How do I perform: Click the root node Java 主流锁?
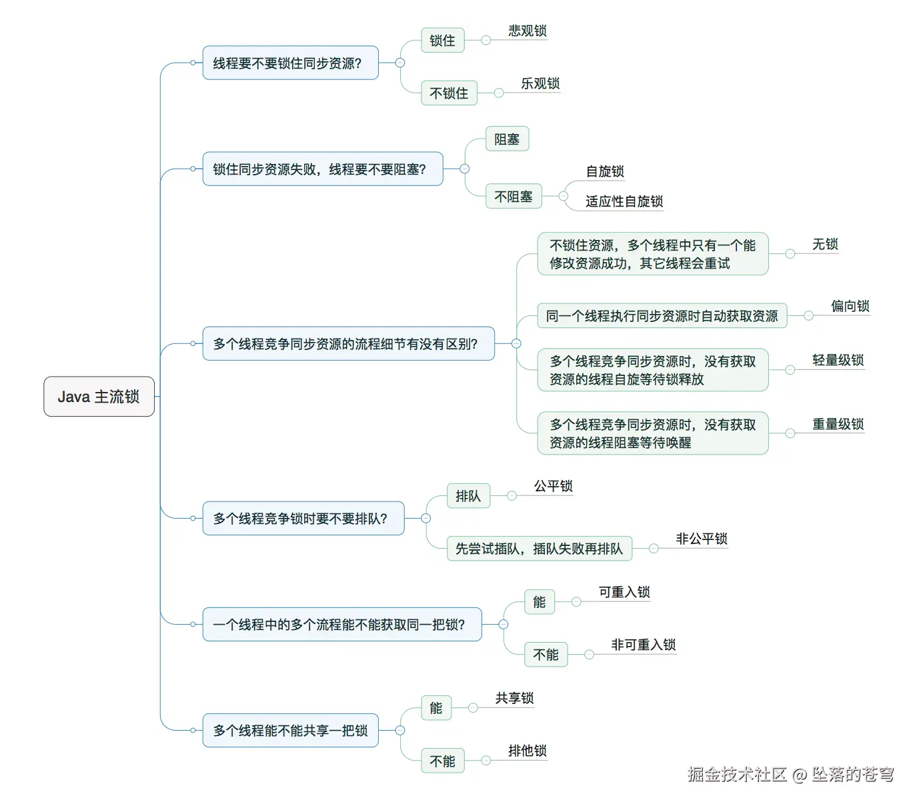[x=99, y=397]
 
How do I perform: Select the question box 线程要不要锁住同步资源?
[x=290, y=63]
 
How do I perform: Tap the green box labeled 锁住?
[x=442, y=41]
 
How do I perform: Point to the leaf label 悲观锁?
[x=527, y=31]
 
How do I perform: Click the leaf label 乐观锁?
[x=540, y=83]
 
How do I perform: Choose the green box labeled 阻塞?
[x=507, y=139]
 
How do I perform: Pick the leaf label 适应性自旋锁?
[x=624, y=201]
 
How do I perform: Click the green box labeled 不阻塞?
[x=514, y=197]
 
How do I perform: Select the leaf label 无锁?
[x=824, y=245]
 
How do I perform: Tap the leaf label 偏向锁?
[x=850, y=306]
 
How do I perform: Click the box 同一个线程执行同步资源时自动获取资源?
[x=662, y=316]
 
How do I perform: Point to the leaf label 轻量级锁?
[x=838, y=361]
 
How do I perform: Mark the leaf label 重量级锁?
[x=838, y=424]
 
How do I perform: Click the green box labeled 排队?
[x=468, y=496]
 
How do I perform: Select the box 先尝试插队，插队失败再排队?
[x=539, y=549]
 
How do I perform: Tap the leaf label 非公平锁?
[x=701, y=539]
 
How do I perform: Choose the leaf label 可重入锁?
[x=624, y=592]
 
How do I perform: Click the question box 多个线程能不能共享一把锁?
[x=290, y=731]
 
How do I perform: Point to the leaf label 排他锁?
[x=527, y=751]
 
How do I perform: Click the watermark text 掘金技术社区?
[x=737, y=774]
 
